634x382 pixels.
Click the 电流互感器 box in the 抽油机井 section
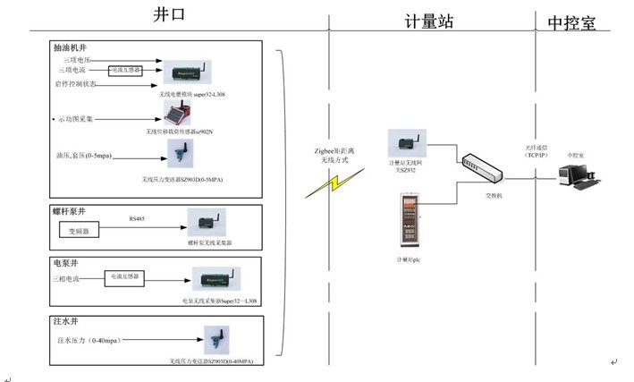pyautogui.click(x=125, y=69)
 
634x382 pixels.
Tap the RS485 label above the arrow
pyautogui.click(x=137, y=216)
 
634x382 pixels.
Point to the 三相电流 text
pyautogui.click(x=73, y=281)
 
